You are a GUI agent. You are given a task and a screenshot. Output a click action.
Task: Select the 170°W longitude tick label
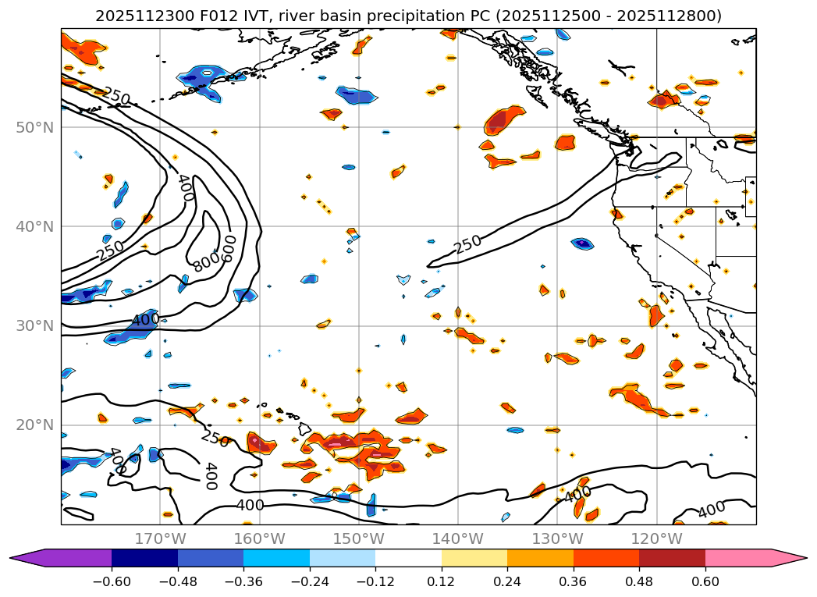(160, 539)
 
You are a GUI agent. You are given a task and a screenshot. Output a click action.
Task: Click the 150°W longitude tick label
(359, 539)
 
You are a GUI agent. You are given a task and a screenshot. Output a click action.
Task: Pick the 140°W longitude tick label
(458, 539)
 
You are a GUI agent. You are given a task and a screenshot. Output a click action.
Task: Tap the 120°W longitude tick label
(656, 539)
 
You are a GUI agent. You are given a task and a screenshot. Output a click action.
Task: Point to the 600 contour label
(229, 247)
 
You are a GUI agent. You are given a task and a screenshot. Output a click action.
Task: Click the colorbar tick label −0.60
(112, 581)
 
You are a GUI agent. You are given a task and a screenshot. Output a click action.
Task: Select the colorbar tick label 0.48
(639, 581)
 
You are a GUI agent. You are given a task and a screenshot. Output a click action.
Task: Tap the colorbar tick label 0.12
(441, 581)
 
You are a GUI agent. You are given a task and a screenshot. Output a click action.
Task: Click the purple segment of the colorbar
(70, 558)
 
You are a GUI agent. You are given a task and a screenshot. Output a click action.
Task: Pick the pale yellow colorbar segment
(474, 558)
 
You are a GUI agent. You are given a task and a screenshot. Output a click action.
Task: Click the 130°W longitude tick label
(557, 539)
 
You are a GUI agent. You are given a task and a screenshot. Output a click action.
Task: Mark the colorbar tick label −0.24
(309, 581)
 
